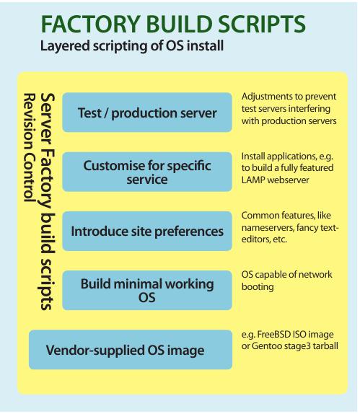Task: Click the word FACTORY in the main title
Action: (91, 24)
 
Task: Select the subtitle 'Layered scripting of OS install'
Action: (132, 45)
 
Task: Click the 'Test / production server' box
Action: (147, 113)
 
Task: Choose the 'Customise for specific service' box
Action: (147, 172)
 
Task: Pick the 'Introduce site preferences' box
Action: (147, 231)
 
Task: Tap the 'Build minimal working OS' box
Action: (147, 290)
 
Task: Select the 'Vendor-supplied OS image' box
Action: (131, 350)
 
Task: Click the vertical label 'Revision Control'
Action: (30, 148)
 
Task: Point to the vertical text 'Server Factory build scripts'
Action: (48, 201)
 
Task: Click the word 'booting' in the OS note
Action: (258, 287)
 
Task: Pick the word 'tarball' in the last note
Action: (325, 346)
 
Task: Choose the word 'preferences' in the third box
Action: (188, 232)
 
